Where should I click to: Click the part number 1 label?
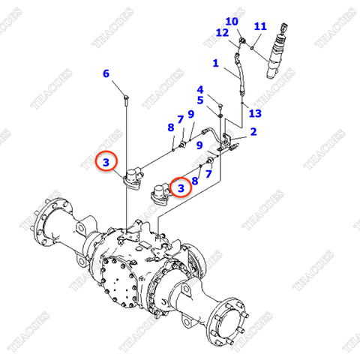pyautogui.click(x=215, y=64)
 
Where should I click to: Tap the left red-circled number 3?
pyautogui.click(x=106, y=161)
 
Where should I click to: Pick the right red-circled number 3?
pyautogui.click(x=180, y=186)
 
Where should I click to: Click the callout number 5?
pyautogui.click(x=200, y=100)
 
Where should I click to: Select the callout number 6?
pyautogui.click(x=106, y=73)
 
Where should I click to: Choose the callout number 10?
pyautogui.click(x=232, y=21)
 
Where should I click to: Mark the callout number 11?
pyautogui.click(x=259, y=26)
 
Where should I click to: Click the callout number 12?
pyautogui.click(x=221, y=33)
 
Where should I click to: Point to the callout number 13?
pyautogui.click(x=255, y=113)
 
